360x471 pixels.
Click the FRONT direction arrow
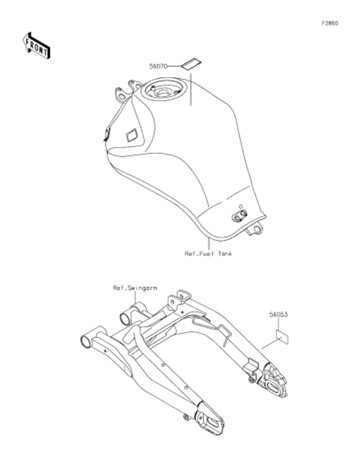[x=37, y=46]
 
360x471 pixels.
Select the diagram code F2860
[x=330, y=23]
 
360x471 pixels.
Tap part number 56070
[x=158, y=66]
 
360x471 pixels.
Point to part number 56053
[x=278, y=314]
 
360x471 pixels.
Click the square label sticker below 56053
[x=282, y=337]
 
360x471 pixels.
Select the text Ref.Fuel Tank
[x=208, y=254]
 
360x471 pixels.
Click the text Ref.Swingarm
[x=135, y=288]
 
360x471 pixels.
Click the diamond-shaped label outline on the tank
[x=132, y=135]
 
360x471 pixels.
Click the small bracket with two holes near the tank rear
[x=240, y=215]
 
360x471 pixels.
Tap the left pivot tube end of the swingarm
[x=86, y=342]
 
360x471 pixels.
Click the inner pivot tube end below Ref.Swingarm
[x=125, y=319]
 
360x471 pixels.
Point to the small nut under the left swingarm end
[x=186, y=417]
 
